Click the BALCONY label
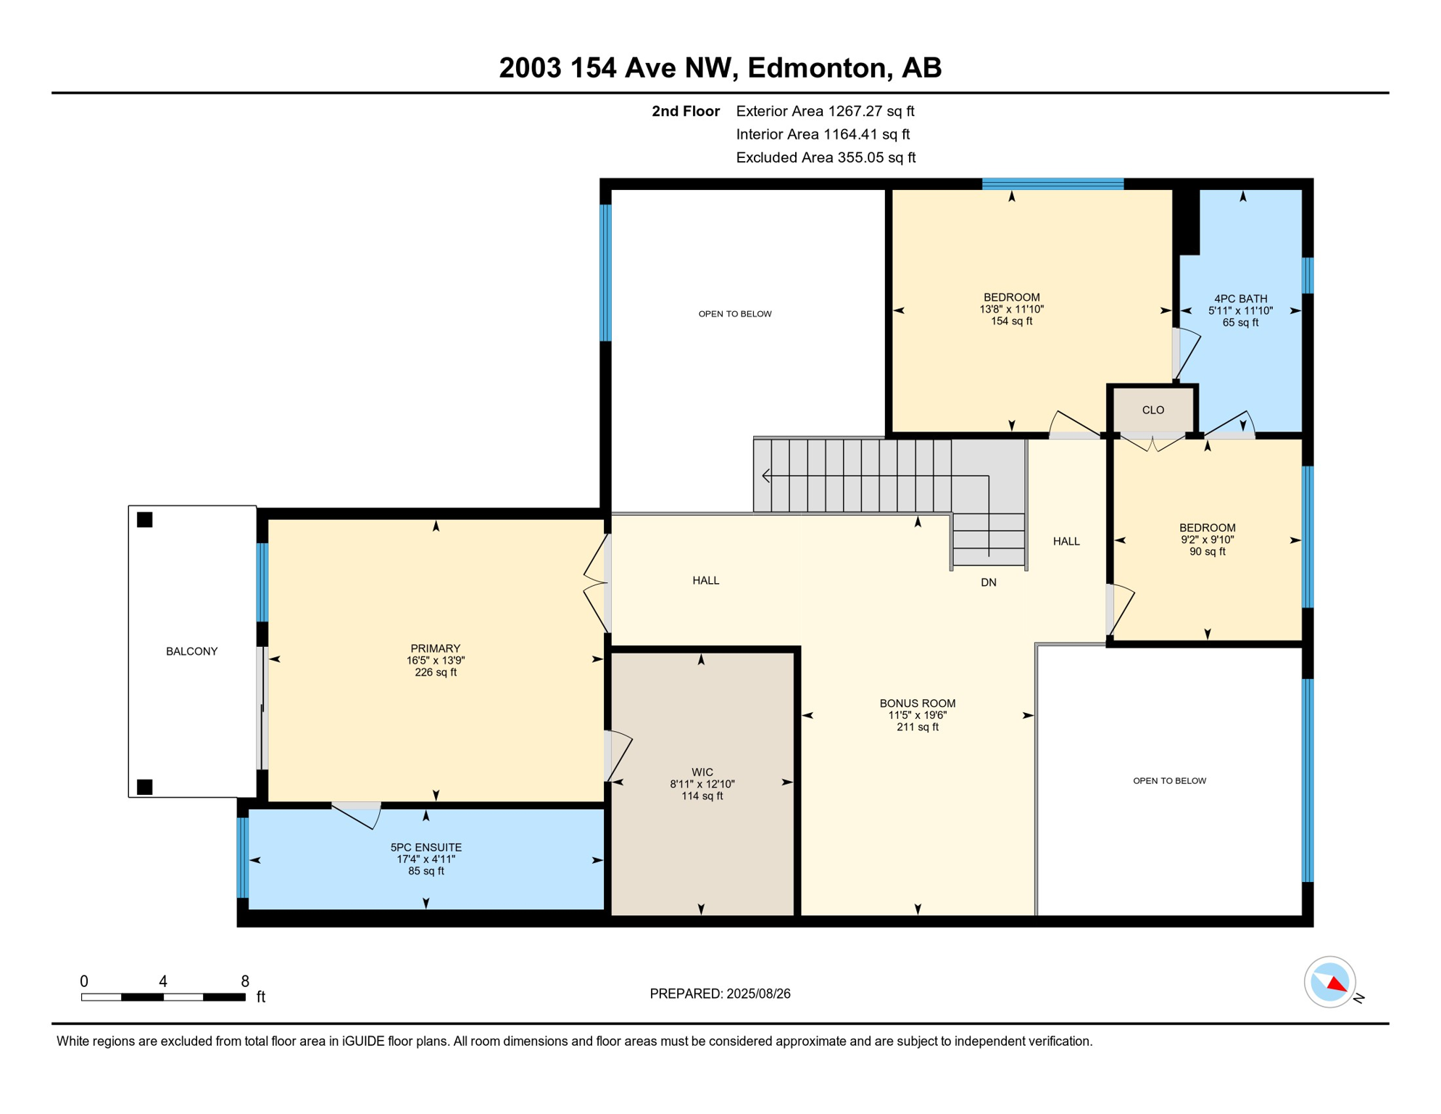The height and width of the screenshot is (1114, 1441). coord(191,651)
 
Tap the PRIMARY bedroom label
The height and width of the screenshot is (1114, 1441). coord(435,648)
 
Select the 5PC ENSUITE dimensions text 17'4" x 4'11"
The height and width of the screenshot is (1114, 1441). coord(425,859)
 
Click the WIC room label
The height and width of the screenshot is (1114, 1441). coord(702,772)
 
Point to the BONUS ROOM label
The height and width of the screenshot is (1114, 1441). coord(917,703)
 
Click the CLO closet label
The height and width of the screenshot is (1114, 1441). coord(1153,410)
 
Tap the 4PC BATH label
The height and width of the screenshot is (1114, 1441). coord(1240,298)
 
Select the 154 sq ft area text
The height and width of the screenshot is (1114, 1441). coord(1011,321)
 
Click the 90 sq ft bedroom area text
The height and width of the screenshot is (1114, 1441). coord(1207,551)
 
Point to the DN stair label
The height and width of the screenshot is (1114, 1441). coord(988,582)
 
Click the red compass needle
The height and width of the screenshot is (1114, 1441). coord(1337,984)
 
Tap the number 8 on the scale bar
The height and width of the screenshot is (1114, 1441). coord(245,981)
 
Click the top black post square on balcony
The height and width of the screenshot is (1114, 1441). coord(145,519)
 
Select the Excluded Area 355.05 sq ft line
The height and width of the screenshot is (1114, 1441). coord(825,157)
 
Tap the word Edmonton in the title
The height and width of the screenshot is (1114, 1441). coord(817,67)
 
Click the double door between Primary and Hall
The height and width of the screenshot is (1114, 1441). coord(597,582)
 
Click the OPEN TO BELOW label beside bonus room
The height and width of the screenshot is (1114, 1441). coord(1168,780)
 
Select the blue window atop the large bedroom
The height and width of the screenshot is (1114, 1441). coord(1052,183)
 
